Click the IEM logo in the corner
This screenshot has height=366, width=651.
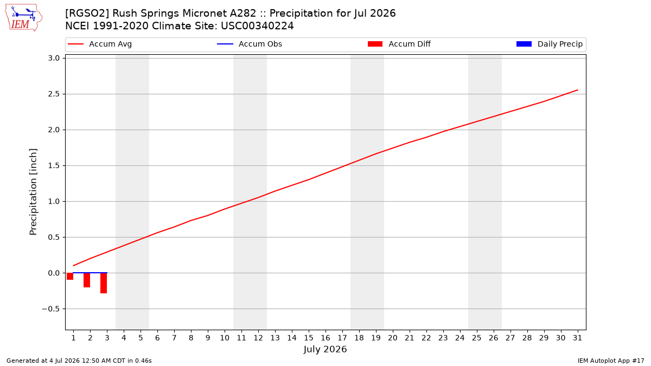click(x=24, y=18)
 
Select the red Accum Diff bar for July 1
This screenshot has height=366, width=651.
click(x=70, y=276)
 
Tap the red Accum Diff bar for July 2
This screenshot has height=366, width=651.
click(x=87, y=280)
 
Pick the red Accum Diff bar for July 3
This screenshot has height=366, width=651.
click(x=104, y=283)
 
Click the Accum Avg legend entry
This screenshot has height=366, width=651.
click(x=100, y=44)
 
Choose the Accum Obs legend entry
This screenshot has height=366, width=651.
click(x=250, y=44)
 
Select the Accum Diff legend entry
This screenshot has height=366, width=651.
click(x=399, y=44)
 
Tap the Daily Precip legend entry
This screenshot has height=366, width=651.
click(x=549, y=44)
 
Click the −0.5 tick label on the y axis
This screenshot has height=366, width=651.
click(x=51, y=309)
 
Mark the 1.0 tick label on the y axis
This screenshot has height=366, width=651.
click(x=54, y=201)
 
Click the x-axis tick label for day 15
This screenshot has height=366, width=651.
click(x=309, y=338)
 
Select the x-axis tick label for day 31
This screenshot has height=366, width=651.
click(x=577, y=338)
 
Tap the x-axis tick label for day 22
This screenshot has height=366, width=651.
click(x=426, y=338)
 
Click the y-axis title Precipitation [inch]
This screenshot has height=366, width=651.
click(x=33, y=192)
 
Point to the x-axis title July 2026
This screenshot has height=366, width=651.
click(x=325, y=349)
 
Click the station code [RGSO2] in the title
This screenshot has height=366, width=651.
click(x=87, y=14)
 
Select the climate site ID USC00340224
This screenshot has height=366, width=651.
click(x=257, y=26)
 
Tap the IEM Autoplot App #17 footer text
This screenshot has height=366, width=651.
click(x=611, y=361)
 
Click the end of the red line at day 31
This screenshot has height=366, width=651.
click(x=577, y=90)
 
